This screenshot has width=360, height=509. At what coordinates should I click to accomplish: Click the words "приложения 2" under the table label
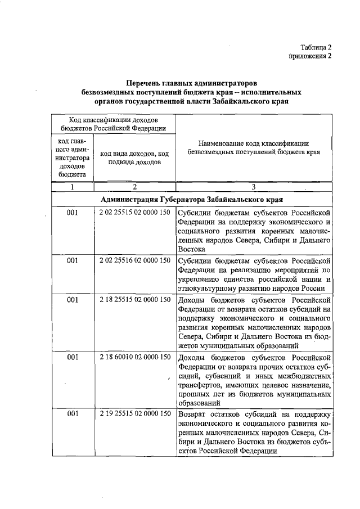[310, 56]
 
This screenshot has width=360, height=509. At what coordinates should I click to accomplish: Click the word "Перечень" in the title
[145, 83]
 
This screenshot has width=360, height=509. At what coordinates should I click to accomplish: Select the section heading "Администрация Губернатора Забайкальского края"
[191, 200]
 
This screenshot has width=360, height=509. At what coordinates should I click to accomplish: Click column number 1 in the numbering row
[73, 187]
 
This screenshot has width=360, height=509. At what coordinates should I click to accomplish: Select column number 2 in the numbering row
[135, 187]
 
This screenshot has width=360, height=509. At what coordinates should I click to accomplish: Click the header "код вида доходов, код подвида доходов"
[135, 157]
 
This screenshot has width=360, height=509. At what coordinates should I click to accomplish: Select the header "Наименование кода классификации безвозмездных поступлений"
[254, 147]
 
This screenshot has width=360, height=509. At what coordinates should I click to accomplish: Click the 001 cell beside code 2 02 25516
[73, 260]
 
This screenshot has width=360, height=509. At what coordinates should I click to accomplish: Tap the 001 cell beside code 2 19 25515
[73, 414]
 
